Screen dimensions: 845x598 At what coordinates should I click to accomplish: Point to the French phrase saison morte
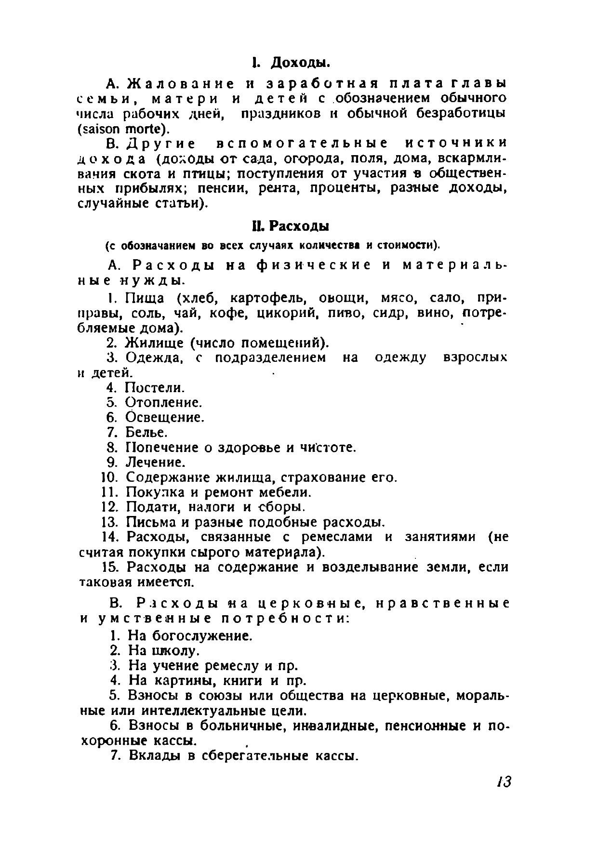click(x=124, y=129)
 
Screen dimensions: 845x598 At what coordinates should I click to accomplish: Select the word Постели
click(x=154, y=388)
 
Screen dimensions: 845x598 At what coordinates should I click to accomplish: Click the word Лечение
click(x=155, y=462)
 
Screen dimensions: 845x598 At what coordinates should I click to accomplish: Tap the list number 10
click(x=109, y=477)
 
